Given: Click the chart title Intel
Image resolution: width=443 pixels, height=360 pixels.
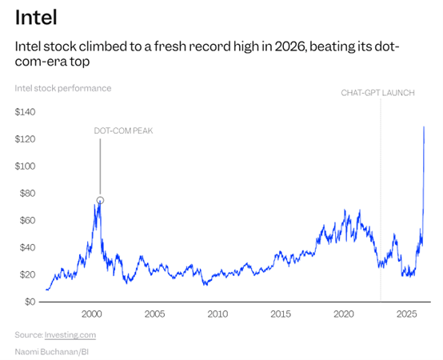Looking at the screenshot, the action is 36,18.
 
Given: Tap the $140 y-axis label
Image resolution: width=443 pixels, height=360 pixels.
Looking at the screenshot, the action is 25,112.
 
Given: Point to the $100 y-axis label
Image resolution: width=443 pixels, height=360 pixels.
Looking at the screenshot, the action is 25,166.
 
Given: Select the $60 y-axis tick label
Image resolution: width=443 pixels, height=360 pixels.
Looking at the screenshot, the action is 27,221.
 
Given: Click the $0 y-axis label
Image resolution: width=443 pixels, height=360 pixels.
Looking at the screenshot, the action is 30,302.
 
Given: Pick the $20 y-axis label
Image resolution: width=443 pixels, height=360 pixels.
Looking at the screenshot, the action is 27,274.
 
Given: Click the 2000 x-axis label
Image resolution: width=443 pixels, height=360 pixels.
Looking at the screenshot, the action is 92,314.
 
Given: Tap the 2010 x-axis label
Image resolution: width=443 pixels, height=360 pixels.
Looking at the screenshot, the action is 218,314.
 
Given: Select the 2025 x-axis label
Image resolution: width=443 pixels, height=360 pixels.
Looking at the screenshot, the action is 407,314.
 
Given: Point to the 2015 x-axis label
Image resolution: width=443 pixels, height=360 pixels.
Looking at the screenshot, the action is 281,314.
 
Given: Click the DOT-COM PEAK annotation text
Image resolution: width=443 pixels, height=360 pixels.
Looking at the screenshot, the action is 123,131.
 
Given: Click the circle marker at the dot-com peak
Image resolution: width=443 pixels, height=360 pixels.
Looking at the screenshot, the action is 100,200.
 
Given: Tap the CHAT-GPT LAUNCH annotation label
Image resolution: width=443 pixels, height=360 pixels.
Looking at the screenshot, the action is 377,93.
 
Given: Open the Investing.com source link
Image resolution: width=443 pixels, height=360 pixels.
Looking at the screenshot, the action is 70,335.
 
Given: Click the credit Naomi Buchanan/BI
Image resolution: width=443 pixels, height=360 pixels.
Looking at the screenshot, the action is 52,352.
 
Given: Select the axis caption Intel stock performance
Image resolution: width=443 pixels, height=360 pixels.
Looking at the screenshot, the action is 63,88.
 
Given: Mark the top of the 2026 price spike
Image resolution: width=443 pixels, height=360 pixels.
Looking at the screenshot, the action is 424,127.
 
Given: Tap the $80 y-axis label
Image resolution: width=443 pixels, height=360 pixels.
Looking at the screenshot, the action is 27,194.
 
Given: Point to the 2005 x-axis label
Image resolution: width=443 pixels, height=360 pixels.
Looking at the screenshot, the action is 154,314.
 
